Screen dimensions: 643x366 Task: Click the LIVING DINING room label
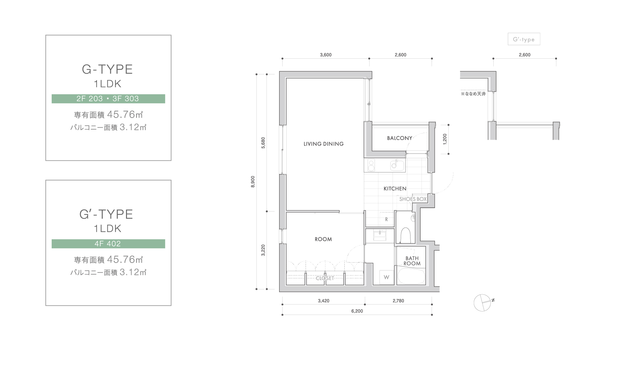click(324, 144)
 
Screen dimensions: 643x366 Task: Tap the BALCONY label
click(399, 138)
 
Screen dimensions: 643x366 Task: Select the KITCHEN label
click(395, 189)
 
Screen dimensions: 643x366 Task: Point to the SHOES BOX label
click(413, 199)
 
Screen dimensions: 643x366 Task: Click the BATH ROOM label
click(412, 261)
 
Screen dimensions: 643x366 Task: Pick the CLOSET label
click(325, 278)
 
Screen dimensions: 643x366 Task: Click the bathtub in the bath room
click(411, 276)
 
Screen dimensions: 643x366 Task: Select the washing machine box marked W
click(387, 277)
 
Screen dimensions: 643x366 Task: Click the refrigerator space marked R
click(386, 219)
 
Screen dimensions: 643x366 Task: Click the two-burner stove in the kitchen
click(371, 166)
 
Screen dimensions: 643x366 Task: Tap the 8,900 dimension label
click(253, 182)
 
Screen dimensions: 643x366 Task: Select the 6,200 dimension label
click(357, 311)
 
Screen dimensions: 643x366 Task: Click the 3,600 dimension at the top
click(326, 55)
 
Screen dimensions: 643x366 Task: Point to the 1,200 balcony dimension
click(445, 139)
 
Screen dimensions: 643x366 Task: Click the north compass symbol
click(483, 303)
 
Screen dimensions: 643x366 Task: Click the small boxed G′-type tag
click(524, 39)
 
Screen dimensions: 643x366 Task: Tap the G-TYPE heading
click(107, 70)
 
